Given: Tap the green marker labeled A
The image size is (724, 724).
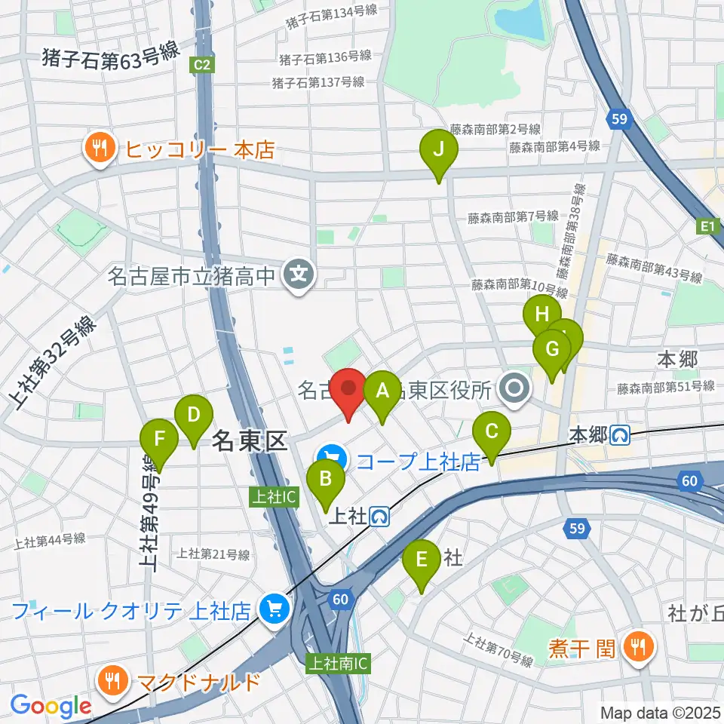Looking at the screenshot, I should click(382, 392).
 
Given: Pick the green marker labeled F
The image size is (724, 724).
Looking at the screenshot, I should click(159, 440).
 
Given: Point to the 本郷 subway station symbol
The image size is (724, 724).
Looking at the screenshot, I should click(621, 435).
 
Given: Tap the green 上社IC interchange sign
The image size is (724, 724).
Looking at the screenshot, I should click(275, 496).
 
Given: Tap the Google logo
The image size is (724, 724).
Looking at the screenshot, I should click(51, 707).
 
